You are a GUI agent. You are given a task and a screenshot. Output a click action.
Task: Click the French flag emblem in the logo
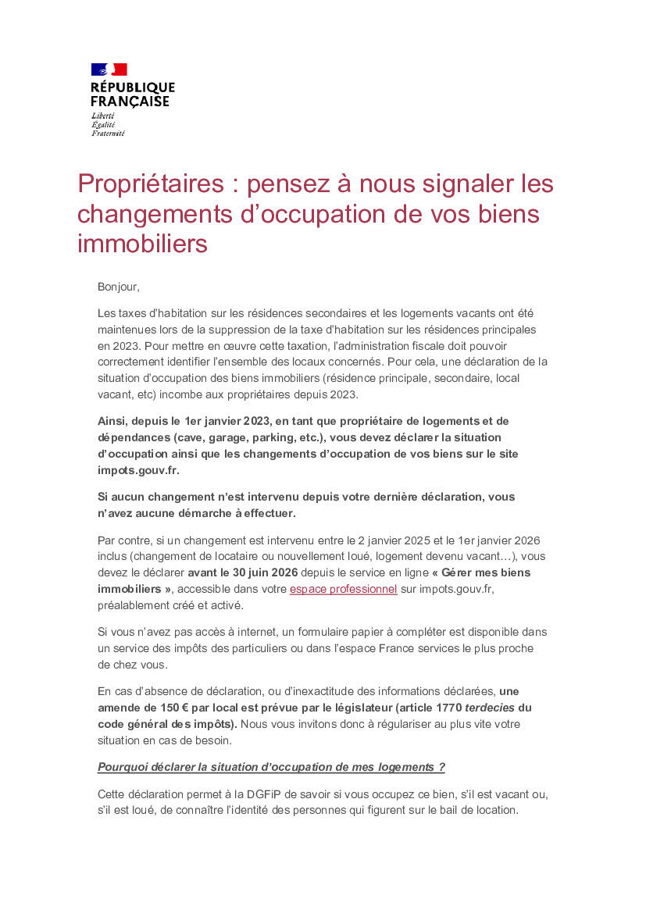tap(109, 70)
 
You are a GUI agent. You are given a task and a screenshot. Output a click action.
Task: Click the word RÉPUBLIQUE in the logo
tap(133, 87)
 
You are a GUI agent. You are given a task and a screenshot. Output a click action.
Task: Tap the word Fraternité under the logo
tap(108, 134)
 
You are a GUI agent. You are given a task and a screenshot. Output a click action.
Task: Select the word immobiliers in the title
tap(142, 244)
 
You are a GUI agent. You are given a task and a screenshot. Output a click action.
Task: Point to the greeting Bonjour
tap(118, 287)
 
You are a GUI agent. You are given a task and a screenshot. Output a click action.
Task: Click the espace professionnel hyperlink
tap(344, 590)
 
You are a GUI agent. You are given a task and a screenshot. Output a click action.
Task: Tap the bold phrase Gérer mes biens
tap(485, 572)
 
